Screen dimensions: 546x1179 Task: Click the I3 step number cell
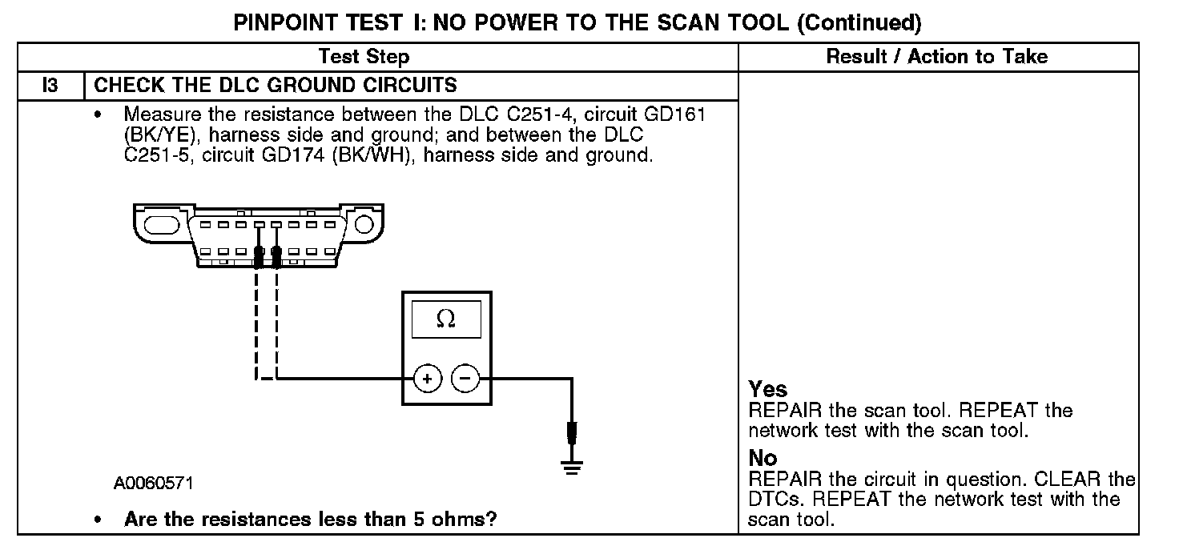[50, 85]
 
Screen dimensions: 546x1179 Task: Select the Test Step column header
[364, 56]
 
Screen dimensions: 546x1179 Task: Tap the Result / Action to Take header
[936, 56]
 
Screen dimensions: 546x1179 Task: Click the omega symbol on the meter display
[445, 319]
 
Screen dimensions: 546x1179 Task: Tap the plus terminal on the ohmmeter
[427, 379]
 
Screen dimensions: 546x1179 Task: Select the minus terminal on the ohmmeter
[465, 379]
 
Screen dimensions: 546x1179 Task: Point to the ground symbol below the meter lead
[570, 467]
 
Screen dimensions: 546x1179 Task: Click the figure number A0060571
[153, 484]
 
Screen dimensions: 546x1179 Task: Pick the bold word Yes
[768, 390]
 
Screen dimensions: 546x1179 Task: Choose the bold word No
[763, 458]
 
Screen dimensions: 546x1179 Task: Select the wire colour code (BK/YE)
[160, 134]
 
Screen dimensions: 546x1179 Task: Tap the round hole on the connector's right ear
[364, 222]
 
